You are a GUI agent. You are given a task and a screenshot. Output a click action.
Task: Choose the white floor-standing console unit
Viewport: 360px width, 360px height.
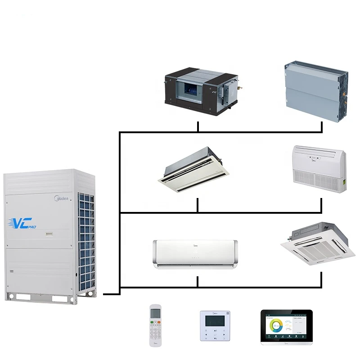click(319, 166)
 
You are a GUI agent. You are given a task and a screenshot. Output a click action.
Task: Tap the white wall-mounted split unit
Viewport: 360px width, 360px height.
click(196, 254)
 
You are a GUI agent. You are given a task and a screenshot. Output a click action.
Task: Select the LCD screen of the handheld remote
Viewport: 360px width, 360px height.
click(155, 312)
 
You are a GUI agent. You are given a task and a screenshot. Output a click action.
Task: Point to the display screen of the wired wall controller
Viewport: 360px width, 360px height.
click(215, 320)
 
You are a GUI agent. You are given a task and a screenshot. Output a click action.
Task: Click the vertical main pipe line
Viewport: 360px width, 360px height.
click(119, 211)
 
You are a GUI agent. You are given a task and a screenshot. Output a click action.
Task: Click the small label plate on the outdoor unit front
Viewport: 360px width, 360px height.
click(48, 234)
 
